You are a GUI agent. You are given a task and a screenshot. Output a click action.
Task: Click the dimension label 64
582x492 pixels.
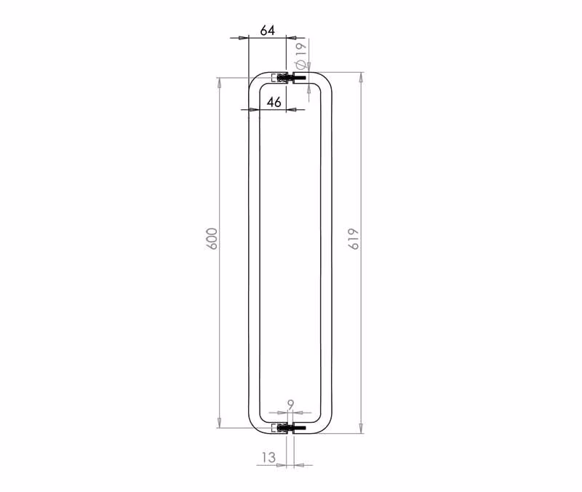267,30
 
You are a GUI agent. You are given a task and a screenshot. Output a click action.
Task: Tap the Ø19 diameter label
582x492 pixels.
300,55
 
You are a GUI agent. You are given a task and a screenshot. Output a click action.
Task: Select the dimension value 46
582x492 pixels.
274,102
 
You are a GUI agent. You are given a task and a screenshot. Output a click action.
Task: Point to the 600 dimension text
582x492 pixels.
212,239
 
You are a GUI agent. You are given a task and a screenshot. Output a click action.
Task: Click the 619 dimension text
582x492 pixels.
354,239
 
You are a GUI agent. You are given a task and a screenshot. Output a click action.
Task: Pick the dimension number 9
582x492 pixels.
290,405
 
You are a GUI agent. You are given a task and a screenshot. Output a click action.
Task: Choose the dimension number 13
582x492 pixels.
268,457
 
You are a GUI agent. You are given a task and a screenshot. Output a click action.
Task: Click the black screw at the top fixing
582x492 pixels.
300,78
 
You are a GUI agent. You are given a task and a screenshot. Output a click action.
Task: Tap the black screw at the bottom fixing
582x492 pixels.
300,428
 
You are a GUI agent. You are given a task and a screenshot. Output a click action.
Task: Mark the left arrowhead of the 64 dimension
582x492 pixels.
243,38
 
